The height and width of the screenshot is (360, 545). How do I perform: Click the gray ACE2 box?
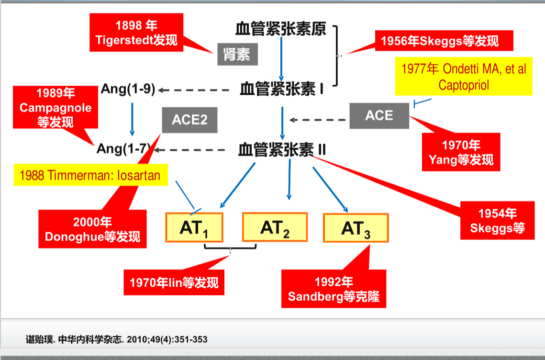(x=189, y=119)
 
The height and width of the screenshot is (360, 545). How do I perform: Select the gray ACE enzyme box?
(x=379, y=116)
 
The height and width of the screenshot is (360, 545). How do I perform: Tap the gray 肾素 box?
(x=237, y=55)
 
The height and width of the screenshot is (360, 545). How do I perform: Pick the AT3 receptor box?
(x=356, y=228)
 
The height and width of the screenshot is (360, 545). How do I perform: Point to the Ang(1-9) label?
(x=128, y=89)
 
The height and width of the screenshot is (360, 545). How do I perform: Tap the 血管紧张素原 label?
(x=281, y=29)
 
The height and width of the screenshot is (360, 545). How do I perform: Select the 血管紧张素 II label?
(x=282, y=150)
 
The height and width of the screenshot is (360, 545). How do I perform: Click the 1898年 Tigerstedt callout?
(x=136, y=33)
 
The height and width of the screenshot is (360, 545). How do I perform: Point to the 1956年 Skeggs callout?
(x=439, y=41)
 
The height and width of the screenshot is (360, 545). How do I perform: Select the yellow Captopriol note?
(x=463, y=77)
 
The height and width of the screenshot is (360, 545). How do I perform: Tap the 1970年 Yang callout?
(x=461, y=152)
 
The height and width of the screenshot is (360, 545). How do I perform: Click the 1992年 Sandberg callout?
(x=334, y=289)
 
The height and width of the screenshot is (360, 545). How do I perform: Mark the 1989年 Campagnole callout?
(x=56, y=107)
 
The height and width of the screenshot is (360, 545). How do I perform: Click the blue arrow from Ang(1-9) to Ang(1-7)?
(x=132, y=118)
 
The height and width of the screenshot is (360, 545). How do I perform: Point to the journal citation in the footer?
(x=116, y=339)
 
